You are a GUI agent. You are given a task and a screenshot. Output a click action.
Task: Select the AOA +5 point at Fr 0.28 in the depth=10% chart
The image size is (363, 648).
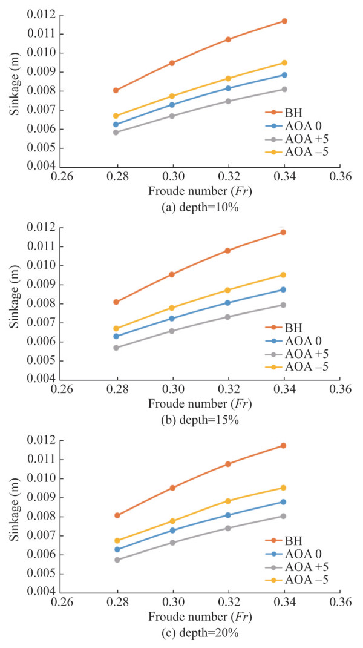(116, 132)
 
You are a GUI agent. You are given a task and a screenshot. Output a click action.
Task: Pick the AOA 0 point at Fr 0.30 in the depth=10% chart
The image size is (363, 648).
(172, 105)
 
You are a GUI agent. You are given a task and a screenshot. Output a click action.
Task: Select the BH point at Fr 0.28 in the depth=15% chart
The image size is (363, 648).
(116, 302)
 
